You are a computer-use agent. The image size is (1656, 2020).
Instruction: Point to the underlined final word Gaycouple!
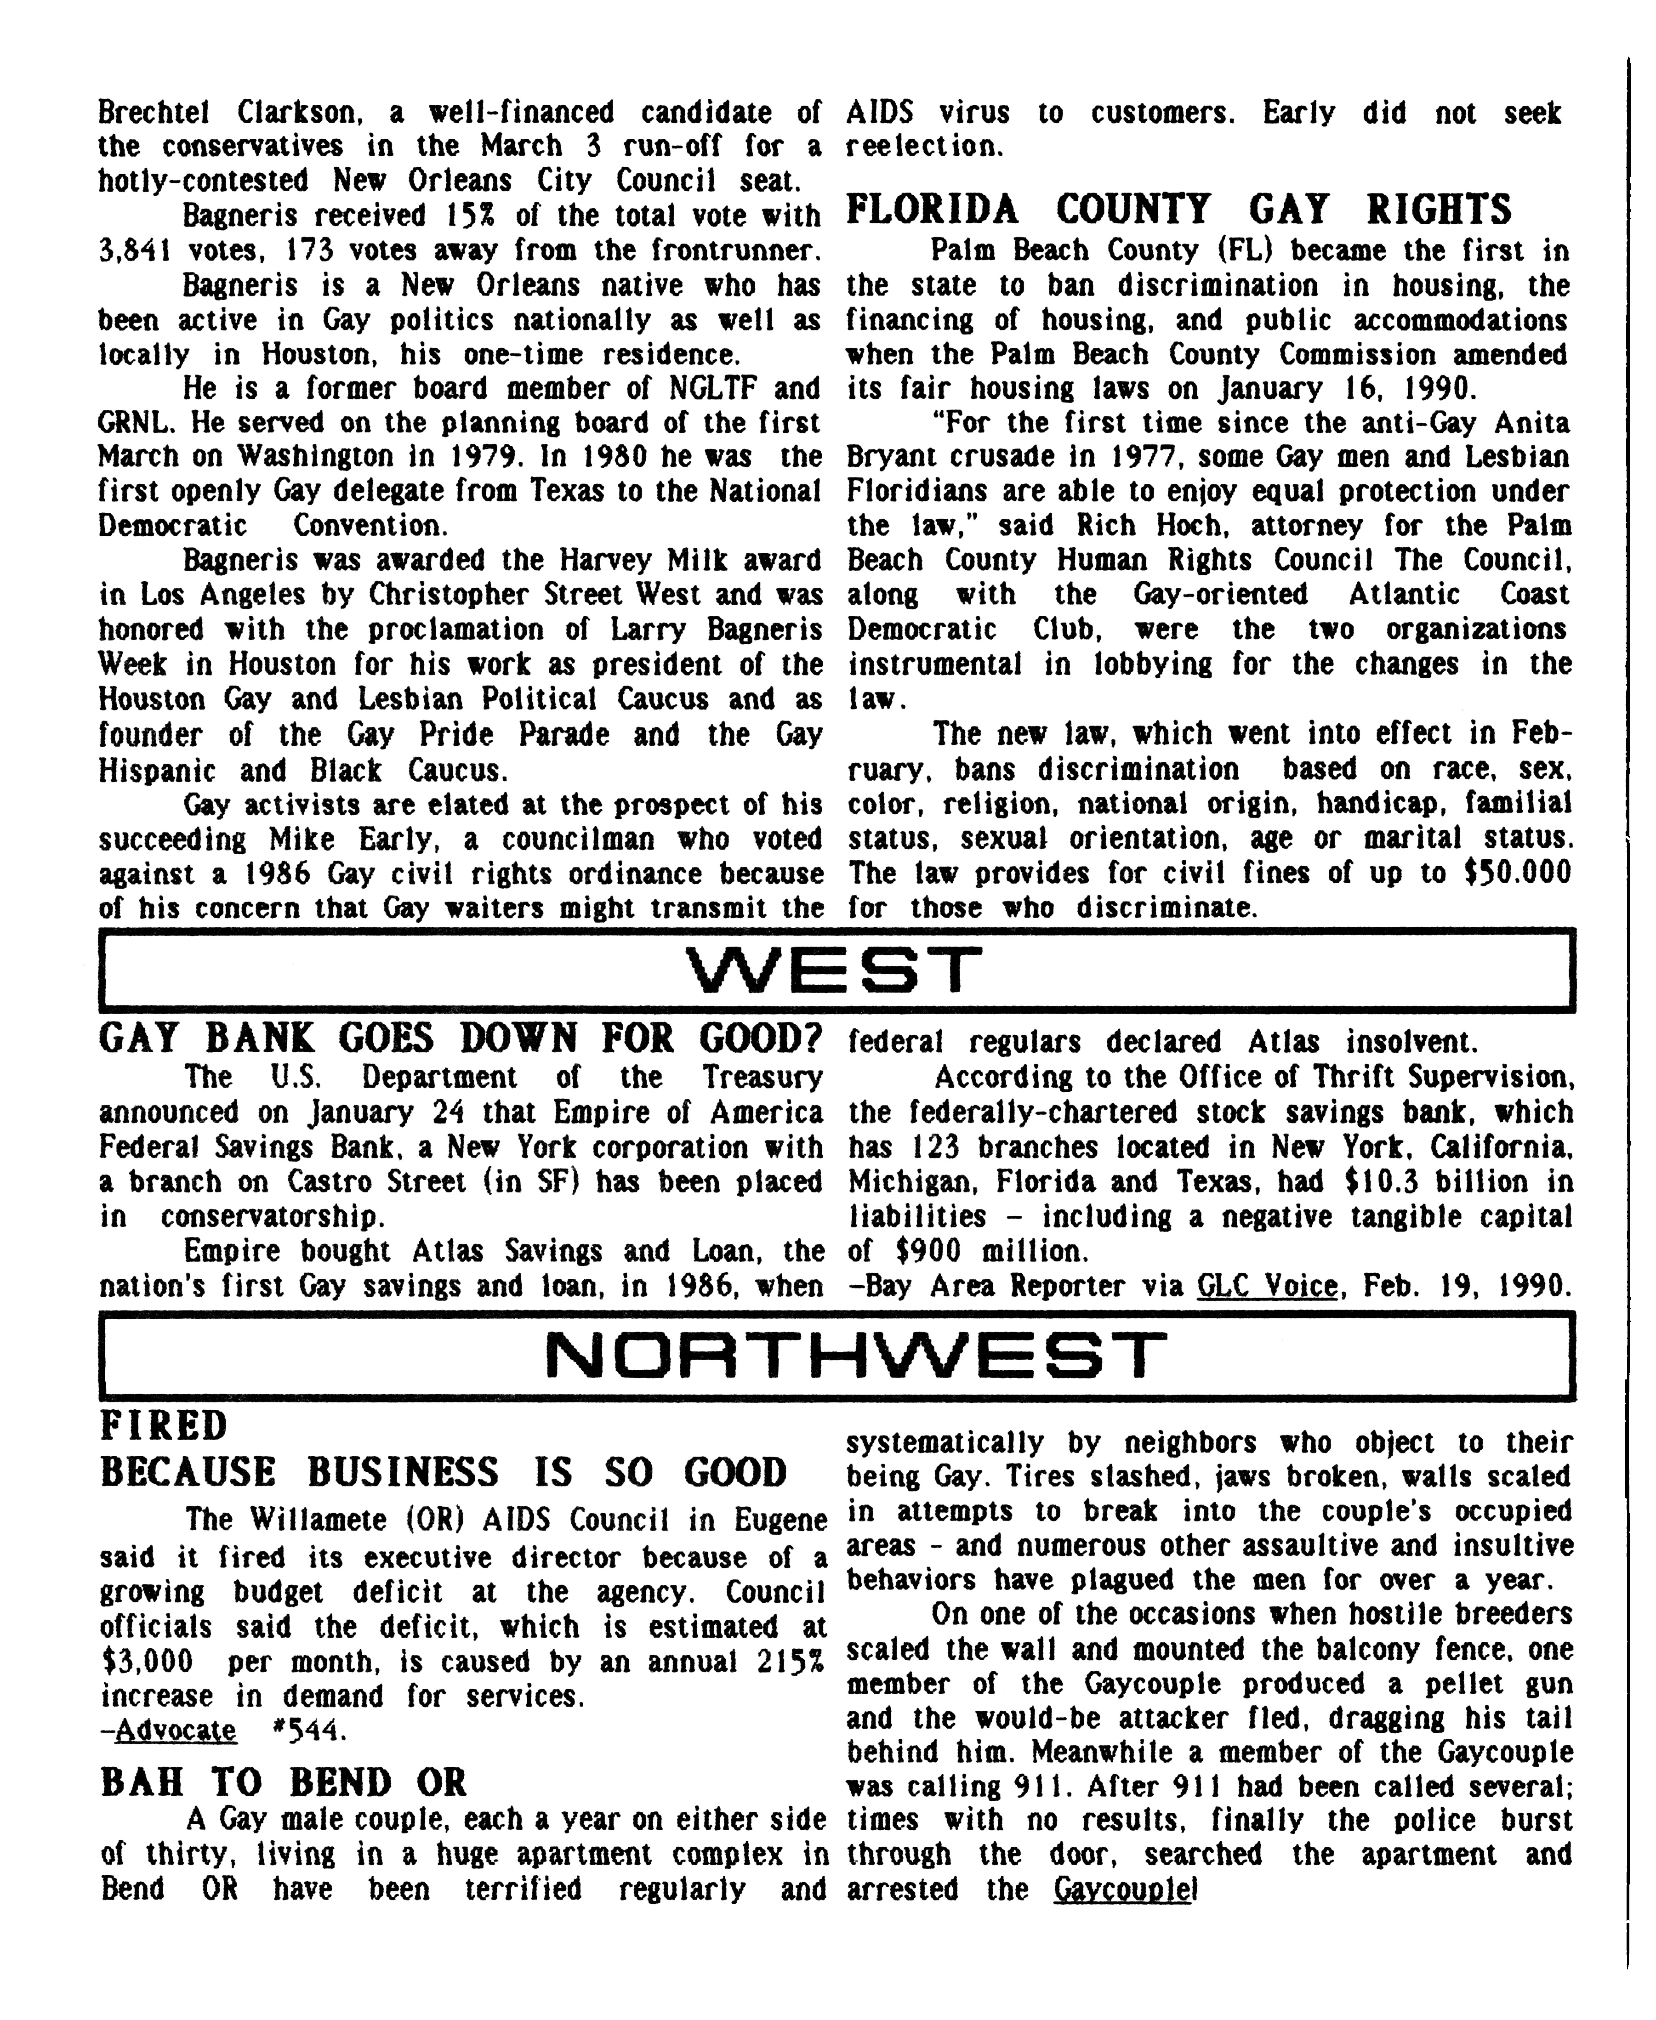[1124, 1889]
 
